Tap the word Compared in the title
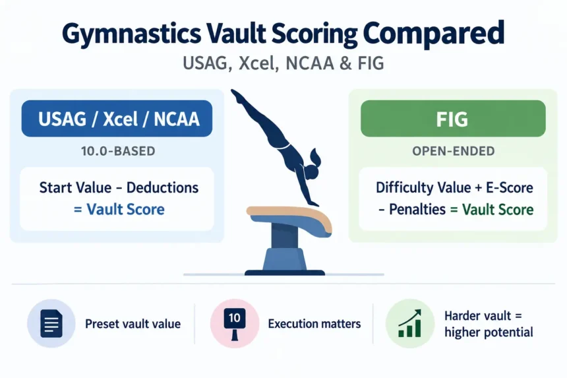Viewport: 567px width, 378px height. [433, 34]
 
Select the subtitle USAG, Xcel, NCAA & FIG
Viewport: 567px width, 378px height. [283, 63]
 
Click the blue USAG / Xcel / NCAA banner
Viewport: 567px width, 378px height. [117, 119]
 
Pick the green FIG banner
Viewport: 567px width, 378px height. [453, 119]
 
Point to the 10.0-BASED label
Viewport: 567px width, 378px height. [118, 151]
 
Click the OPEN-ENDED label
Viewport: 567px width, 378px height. [454, 151]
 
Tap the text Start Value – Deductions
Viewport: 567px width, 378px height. [119, 188]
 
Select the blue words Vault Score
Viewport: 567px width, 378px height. [125, 209]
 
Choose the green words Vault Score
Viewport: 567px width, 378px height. [498, 210]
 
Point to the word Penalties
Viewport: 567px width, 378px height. [417, 210]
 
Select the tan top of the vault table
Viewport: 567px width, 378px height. [289, 216]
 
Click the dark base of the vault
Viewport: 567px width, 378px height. [285, 272]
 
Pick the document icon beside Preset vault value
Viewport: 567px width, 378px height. [51, 324]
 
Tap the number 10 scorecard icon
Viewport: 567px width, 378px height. [235, 324]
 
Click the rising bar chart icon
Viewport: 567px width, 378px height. [410, 323]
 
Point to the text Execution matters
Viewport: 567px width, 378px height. [314, 324]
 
